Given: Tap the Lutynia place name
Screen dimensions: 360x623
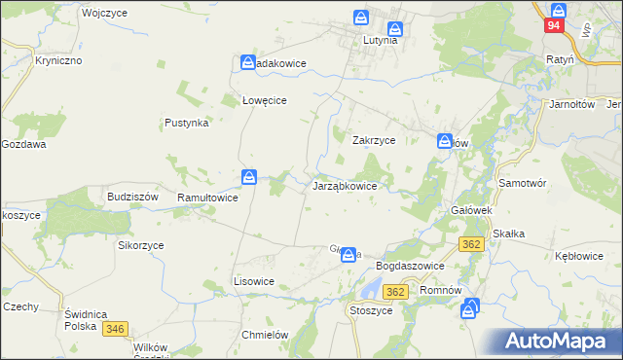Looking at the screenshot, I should (x=381, y=41).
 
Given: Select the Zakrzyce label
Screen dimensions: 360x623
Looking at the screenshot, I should (x=373, y=140).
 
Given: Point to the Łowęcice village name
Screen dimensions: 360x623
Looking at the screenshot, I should (x=262, y=99).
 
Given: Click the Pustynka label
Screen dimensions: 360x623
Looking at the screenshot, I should (x=187, y=124).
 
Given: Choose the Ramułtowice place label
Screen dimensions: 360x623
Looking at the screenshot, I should (x=207, y=198).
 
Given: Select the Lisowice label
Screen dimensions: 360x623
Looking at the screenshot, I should (x=253, y=281).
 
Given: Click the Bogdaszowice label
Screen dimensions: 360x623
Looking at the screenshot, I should (x=410, y=266).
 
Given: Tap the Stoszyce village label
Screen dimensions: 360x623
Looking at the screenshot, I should (x=370, y=310).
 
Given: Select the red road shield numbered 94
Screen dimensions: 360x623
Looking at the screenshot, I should (x=553, y=26).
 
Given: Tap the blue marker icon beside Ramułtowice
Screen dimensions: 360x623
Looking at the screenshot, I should (x=250, y=177).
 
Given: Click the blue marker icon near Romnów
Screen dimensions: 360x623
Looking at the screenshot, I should (x=471, y=308).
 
